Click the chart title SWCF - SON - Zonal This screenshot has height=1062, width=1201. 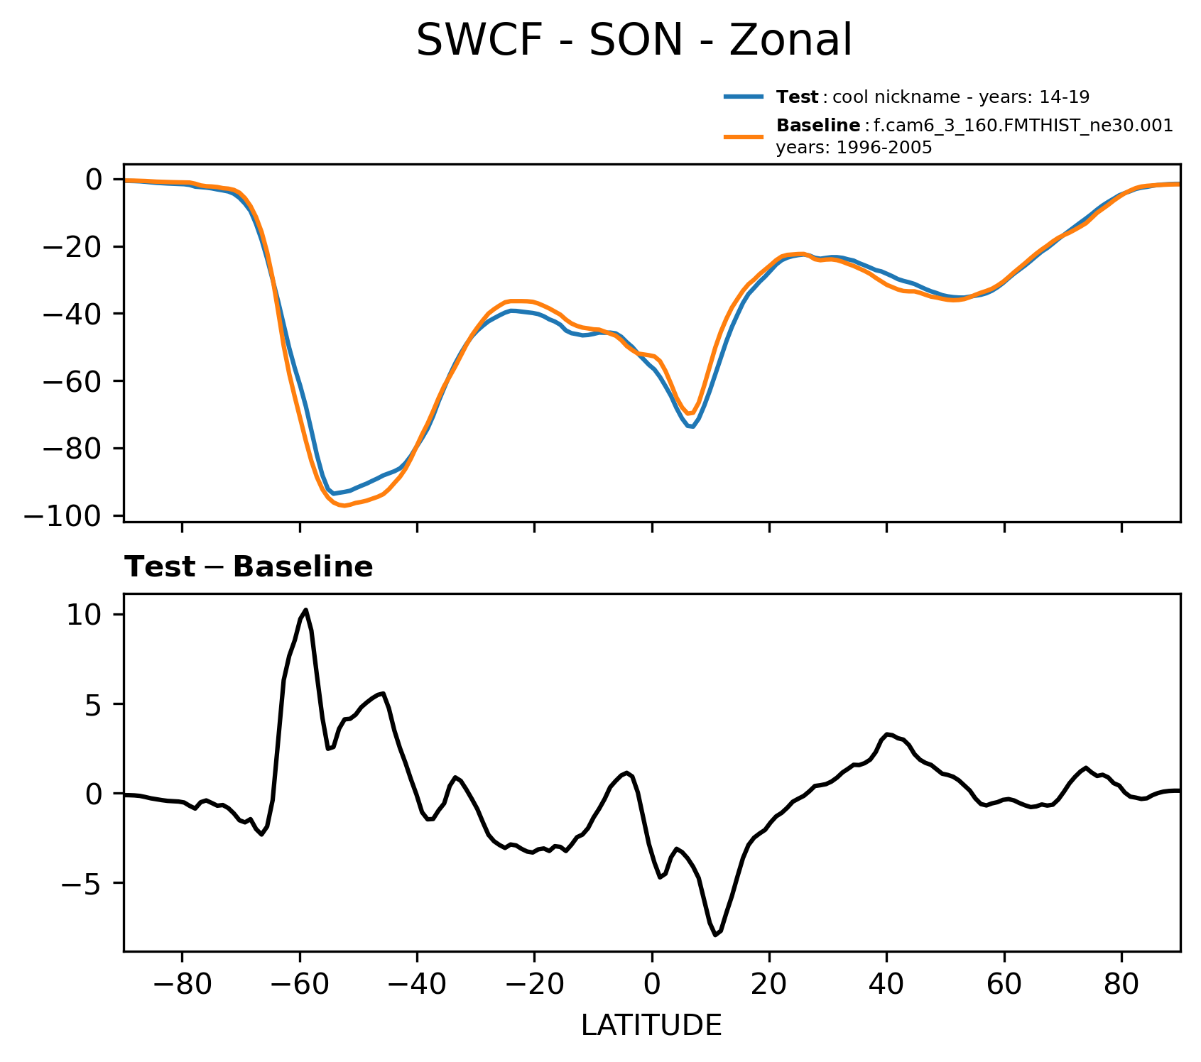click(x=634, y=40)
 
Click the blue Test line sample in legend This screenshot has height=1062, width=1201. click(x=744, y=97)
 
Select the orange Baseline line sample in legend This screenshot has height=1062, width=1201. click(x=744, y=136)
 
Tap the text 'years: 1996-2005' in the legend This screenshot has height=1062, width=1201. click(x=854, y=148)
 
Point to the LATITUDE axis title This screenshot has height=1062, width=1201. click(x=651, y=1025)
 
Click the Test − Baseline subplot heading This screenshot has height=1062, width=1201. click(x=249, y=567)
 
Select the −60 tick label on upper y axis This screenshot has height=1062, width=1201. click(x=73, y=381)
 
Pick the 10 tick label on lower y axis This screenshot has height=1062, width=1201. click(x=85, y=615)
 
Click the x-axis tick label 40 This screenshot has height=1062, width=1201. click(x=886, y=987)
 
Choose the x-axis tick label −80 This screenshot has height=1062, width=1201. click(x=182, y=987)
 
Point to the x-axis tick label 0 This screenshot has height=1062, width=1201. click(x=651, y=987)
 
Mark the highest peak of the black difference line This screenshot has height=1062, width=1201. click(x=305, y=610)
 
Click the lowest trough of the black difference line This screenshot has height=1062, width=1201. click(x=715, y=935)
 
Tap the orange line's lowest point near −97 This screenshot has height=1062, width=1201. click(x=344, y=505)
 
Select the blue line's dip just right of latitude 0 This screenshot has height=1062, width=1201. click(x=691, y=427)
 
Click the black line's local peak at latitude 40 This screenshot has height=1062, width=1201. click(x=887, y=734)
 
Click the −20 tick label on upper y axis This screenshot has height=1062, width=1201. click(x=73, y=247)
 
